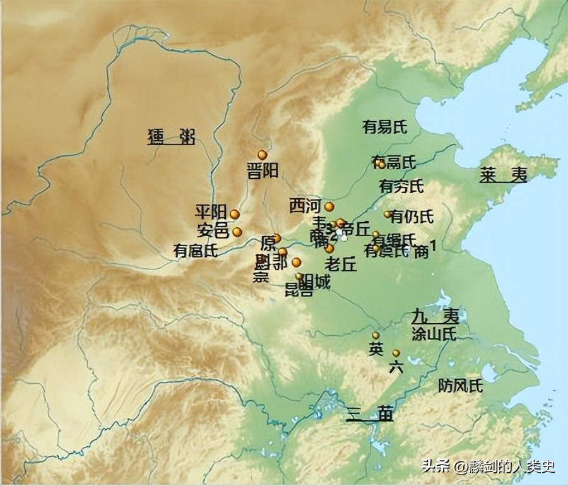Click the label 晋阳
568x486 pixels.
[x=262, y=171]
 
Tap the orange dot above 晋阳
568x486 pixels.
[x=262, y=155]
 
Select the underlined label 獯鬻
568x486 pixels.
[x=171, y=136]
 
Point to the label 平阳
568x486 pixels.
[x=210, y=211]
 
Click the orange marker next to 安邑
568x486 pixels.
[x=237, y=232]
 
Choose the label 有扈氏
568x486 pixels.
[x=196, y=251]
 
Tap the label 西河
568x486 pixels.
[x=305, y=206]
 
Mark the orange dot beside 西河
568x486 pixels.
[x=329, y=206]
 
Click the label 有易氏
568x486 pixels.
[x=385, y=127]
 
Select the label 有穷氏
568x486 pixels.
[x=401, y=186]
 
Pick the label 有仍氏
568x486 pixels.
[x=412, y=217]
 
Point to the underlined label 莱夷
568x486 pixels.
[x=502, y=175]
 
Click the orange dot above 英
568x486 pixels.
[x=376, y=335]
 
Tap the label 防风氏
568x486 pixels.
[x=461, y=386]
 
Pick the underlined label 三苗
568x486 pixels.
[x=370, y=414]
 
